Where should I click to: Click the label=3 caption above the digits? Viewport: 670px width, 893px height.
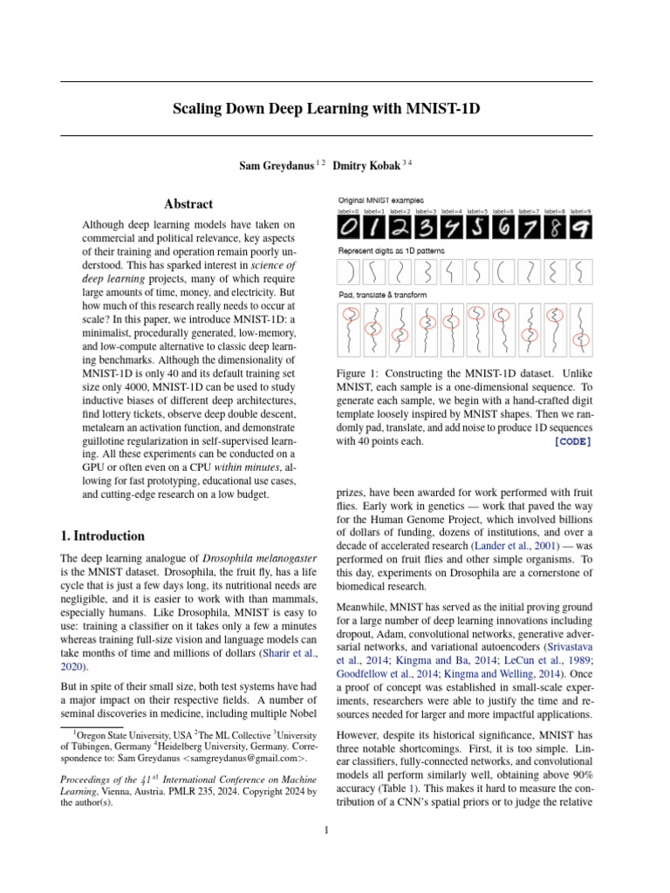[x=427, y=212]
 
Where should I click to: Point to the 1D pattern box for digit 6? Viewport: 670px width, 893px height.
[x=503, y=272]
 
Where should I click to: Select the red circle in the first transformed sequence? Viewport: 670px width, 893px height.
[x=350, y=315]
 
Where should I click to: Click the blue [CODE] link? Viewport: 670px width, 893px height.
[x=572, y=441]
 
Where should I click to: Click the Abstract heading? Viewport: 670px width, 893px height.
[x=189, y=204]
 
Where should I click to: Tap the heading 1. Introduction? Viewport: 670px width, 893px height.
[x=103, y=535]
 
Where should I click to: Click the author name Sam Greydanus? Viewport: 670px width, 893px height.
[x=276, y=165]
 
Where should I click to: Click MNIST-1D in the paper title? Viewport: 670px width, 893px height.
[x=443, y=110]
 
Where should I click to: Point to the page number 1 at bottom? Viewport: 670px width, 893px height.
[x=326, y=830]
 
